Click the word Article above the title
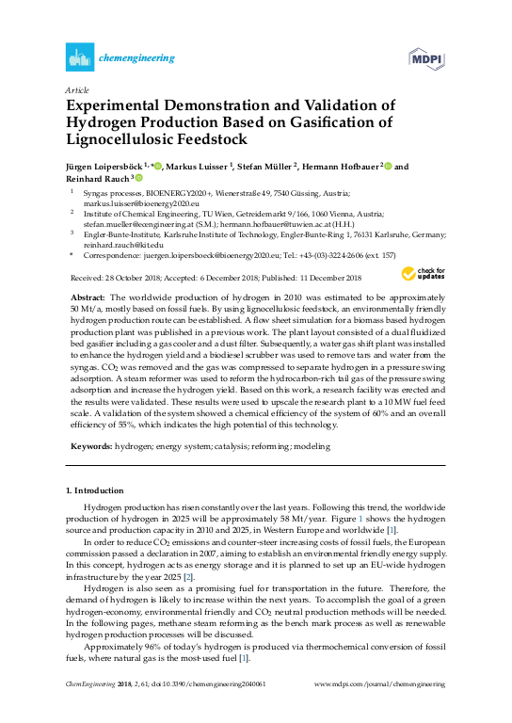[x=76, y=90]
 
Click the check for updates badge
[x=421, y=274]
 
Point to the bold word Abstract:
[x=88, y=294]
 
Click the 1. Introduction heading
[x=95, y=491]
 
